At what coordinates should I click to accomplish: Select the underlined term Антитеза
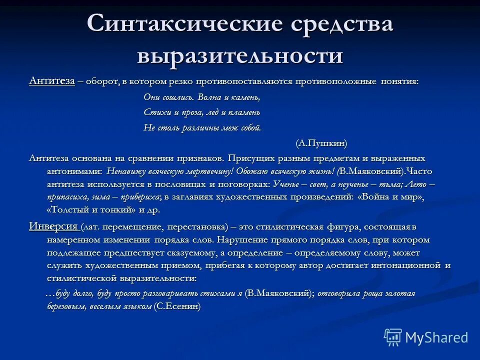[52, 81]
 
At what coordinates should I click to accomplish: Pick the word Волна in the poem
[210, 97]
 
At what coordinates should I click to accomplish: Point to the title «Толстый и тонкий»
[89, 210]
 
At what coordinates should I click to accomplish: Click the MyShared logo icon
[392, 337]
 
